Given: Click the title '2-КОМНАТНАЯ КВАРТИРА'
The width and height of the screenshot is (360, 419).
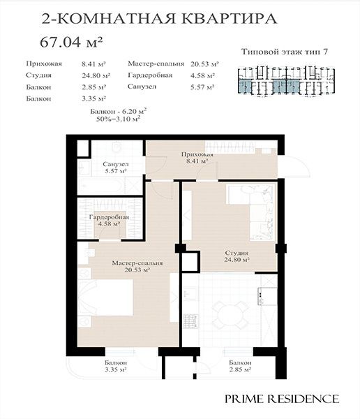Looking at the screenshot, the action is coord(159,19).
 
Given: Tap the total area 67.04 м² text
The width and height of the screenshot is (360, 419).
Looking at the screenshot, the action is coord(71,42).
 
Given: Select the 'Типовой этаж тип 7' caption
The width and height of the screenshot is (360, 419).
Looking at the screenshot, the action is coord(285,52).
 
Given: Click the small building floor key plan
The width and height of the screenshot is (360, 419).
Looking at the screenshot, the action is coord(286,81).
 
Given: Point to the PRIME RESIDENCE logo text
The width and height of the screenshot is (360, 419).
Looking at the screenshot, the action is coord(282,399).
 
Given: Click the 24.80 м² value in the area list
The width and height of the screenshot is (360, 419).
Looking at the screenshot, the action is coord(96,75).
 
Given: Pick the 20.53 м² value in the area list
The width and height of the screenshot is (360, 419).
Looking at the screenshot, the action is coord(204,64).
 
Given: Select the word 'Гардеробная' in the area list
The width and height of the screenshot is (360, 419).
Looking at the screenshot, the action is coord(150,75).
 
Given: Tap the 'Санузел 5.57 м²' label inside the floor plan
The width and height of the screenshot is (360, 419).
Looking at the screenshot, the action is coord(116,168).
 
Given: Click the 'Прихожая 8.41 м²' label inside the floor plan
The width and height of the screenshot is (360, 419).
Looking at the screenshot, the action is coord(197,158).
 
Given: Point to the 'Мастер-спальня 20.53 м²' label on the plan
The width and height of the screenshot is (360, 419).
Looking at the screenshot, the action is coord(137,267).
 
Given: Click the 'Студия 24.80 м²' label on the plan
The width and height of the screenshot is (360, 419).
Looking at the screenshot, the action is coord(237,256).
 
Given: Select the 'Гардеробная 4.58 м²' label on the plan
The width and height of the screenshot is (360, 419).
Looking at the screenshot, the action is coord(109,221).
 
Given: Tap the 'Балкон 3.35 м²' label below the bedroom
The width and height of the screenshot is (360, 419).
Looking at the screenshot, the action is coord(116,366).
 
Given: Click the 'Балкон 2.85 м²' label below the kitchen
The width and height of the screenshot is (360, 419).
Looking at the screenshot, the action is coord(240,366).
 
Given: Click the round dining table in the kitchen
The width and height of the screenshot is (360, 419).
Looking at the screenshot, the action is coord(230,314).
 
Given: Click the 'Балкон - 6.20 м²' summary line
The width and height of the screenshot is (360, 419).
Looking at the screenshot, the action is coord(119,111).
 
